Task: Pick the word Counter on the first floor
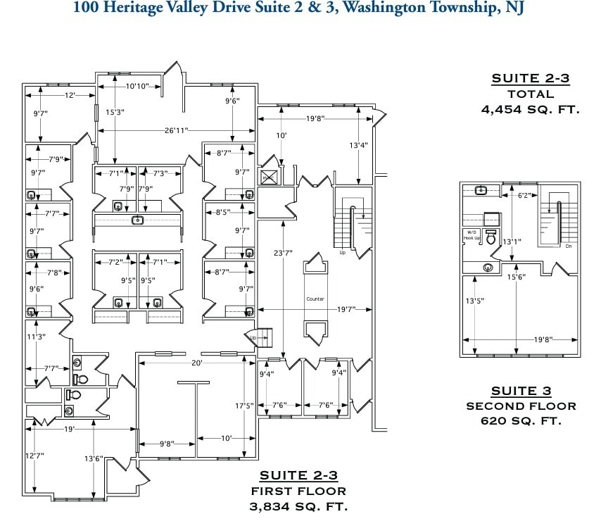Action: point(315,299)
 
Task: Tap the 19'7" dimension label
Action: point(345,308)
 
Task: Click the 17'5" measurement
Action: point(243,406)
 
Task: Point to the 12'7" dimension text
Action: point(34,456)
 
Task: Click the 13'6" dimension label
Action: point(94,458)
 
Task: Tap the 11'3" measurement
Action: point(37,337)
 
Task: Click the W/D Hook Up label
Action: point(471,235)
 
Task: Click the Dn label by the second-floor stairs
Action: point(567,246)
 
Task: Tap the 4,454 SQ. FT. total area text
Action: point(530,109)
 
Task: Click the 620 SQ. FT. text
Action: point(521,421)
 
